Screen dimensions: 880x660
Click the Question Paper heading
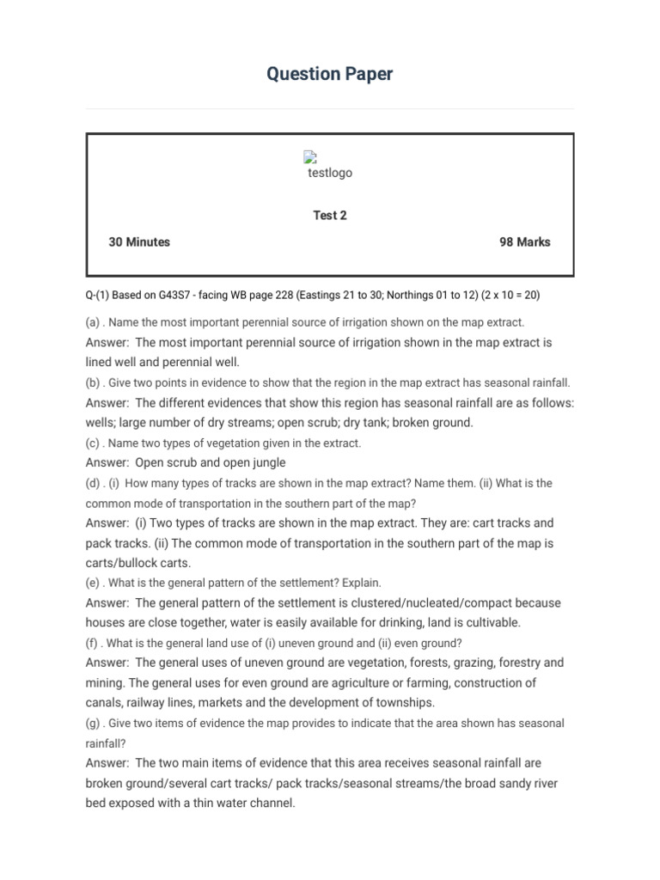[x=329, y=74]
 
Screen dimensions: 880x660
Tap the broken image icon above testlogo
[x=310, y=156]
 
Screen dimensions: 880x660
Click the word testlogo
[x=330, y=173]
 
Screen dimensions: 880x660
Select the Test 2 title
[x=330, y=216]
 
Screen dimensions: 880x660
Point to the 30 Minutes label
[x=139, y=242]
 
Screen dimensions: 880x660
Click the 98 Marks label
[x=524, y=242]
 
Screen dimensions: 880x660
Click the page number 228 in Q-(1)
[x=282, y=295]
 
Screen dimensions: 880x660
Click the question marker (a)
[x=94, y=322]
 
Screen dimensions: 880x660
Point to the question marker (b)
[x=94, y=383]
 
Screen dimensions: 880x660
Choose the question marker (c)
[x=93, y=443]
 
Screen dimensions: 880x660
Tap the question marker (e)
[x=94, y=583]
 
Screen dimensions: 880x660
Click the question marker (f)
[x=92, y=643]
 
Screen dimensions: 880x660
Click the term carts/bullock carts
[x=138, y=564]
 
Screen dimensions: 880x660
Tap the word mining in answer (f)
[x=104, y=683]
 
